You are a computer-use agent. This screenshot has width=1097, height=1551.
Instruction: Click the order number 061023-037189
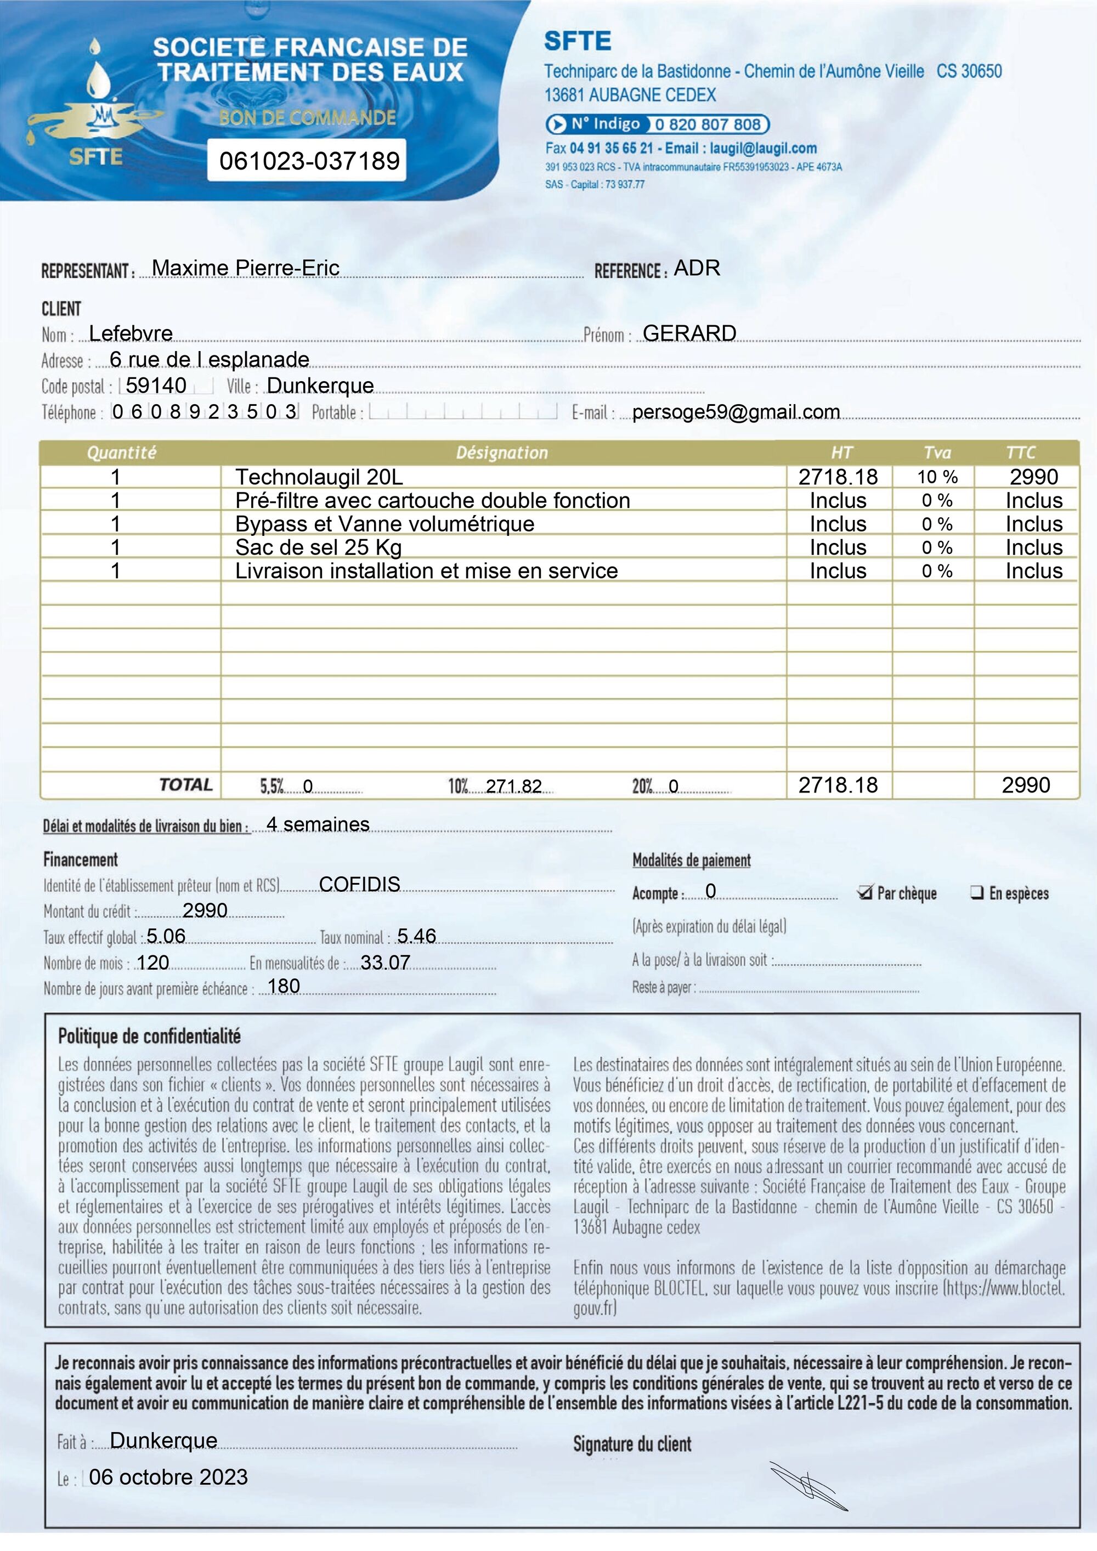pyautogui.click(x=309, y=161)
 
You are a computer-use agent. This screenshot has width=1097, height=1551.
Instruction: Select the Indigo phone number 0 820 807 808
pyautogui.click(x=708, y=124)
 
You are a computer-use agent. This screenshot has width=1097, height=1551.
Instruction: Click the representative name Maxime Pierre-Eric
pyautogui.click(x=245, y=268)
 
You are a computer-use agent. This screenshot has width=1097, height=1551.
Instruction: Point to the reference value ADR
pyautogui.click(x=697, y=268)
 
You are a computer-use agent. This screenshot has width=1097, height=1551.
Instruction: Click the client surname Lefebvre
pyautogui.click(x=131, y=333)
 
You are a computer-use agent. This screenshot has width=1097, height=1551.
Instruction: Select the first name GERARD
pyautogui.click(x=689, y=333)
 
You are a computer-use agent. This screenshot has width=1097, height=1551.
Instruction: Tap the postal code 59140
pyautogui.click(x=156, y=385)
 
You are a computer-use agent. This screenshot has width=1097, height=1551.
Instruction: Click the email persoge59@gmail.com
pyautogui.click(x=736, y=411)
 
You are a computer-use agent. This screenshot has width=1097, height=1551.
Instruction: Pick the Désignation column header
pyautogui.click(x=502, y=452)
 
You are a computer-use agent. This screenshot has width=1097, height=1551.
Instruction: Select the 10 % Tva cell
pyautogui.click(x=937, y=477)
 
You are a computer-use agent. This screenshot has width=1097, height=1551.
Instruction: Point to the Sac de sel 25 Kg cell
pyautogui.click(x=318, y=547)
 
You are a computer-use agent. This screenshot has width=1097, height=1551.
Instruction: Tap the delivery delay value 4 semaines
pyautogui.click(x=318, y=824)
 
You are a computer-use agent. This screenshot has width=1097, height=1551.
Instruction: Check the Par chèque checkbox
pyautogui.click(x=864, y=892)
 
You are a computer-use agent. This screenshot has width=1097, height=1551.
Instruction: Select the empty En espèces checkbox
pyautogui.click(x=976, y=892)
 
